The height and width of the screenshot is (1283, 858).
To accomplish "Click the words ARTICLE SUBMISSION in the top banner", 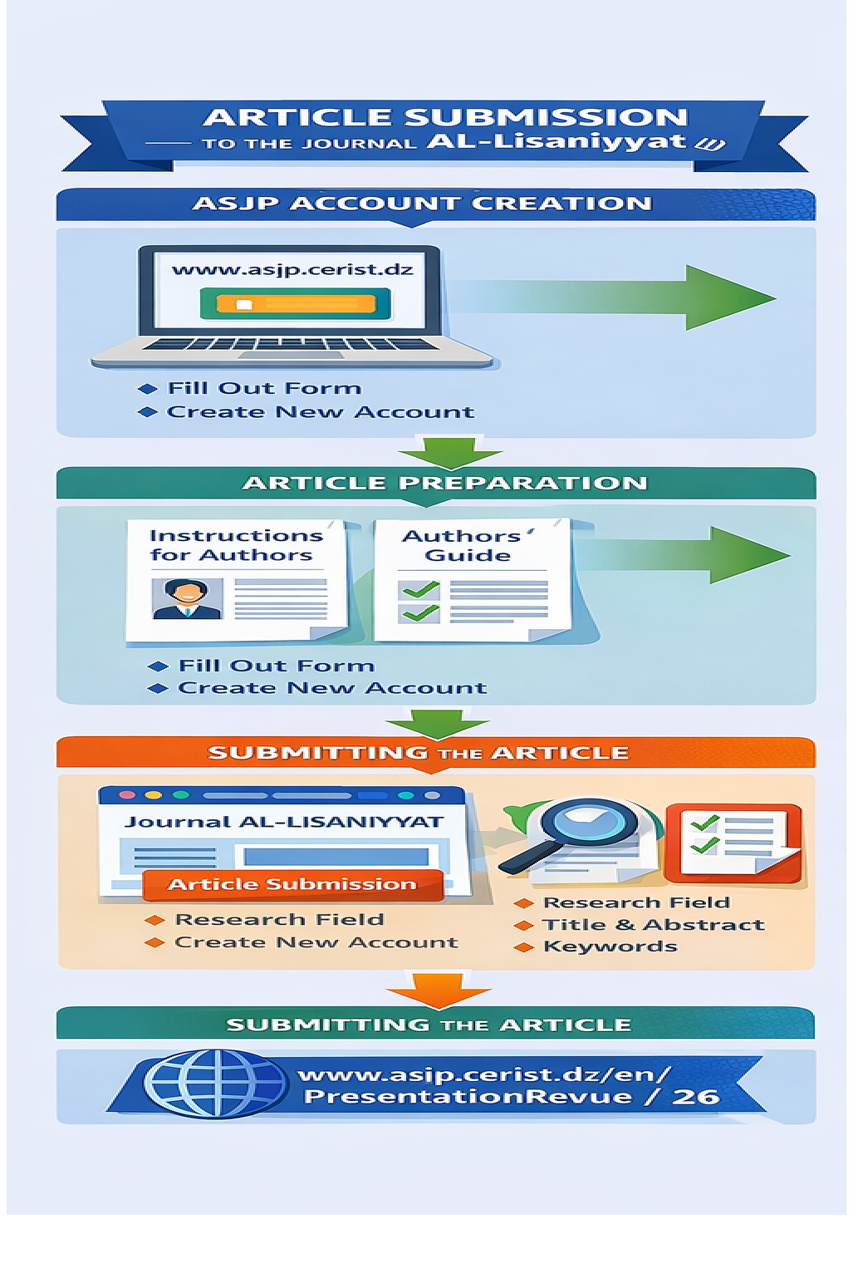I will tap(445, 117).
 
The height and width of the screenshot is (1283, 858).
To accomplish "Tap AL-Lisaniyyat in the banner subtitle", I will tap(557, 141).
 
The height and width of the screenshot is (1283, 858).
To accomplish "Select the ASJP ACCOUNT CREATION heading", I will tap(422, 204).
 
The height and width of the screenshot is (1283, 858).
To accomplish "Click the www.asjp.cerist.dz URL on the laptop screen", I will tap(292, 269).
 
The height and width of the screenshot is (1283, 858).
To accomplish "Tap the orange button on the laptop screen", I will tap(295, 304).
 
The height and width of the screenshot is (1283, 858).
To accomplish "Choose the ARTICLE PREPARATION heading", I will tap(444, 483).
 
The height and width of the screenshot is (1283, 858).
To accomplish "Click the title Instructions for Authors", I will tap(235, 545).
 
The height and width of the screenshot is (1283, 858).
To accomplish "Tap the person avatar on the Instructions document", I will tap(187, 598).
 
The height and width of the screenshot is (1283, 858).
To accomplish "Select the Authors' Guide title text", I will tap(468, 545).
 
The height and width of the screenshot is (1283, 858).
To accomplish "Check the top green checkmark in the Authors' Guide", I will tap(419, 591).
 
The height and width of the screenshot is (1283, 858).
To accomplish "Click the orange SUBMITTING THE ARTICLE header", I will tap(418, 753).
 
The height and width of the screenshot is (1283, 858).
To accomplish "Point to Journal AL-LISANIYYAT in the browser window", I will tap(283, 822).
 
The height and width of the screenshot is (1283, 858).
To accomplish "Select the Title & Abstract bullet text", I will tap(653, 925).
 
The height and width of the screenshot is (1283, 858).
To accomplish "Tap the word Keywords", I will tap(610, 946).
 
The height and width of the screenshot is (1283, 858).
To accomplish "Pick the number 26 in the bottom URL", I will tap(695, 1097).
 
